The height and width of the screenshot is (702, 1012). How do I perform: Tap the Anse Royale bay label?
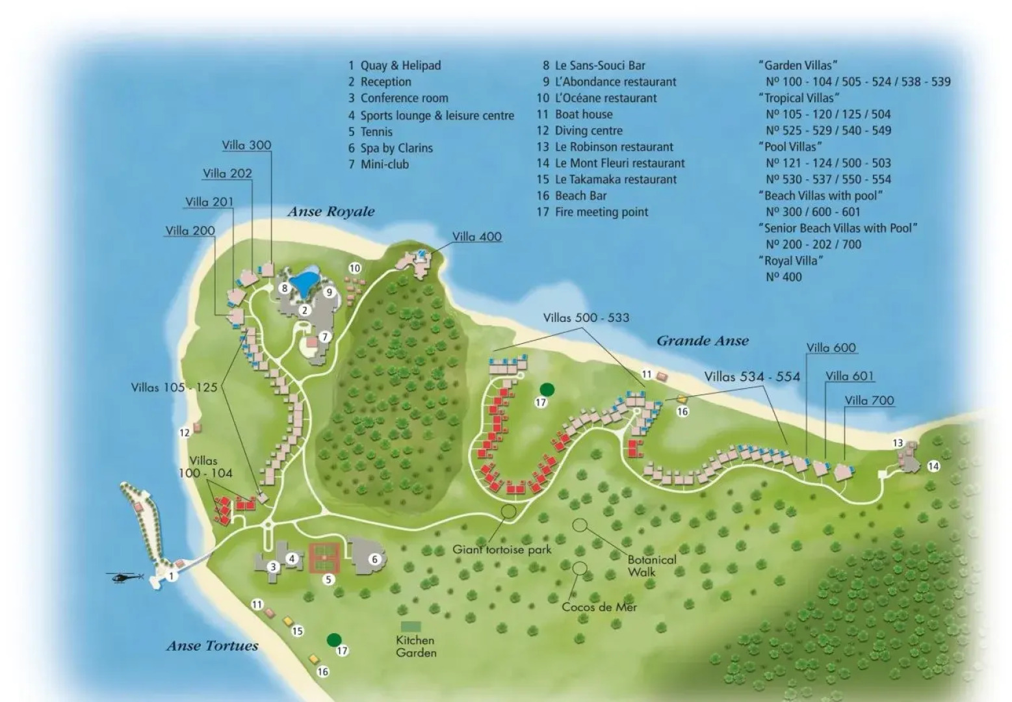[x=331, y=212]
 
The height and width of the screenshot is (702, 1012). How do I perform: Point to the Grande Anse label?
[x=702, y=341]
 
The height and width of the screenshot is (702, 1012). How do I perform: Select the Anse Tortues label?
[x=213, y=645]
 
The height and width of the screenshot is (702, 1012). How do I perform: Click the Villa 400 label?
[x=476, y=237]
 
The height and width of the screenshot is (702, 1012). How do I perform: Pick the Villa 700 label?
[x=869, y=400]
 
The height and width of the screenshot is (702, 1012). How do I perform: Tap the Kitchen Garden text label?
[x=416, y=646]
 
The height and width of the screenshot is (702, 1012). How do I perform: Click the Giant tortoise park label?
[x=502, y=549]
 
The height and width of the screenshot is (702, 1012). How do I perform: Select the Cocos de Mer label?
[x=599, y=607]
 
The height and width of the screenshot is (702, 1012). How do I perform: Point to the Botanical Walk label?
[x=651, y=565]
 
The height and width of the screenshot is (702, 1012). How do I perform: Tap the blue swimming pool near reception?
[x=304, y=281]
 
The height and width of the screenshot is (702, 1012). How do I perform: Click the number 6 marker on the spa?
[x=374, y=559]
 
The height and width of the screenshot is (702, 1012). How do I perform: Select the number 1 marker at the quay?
[x=172, y=576]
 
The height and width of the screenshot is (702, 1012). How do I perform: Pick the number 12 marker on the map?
[x=185, y=432]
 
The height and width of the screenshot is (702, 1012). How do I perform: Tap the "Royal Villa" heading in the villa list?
[x=790, y=261]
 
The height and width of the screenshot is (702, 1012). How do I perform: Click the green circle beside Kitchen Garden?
[x=334, y=640]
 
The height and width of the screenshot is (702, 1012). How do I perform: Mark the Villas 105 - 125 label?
[x=174, y=387]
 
